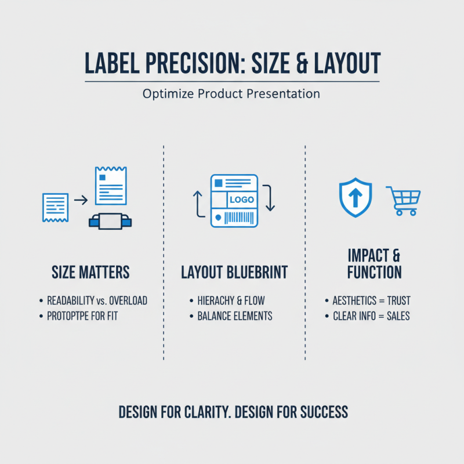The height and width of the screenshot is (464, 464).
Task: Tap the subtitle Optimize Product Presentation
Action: [231, 93]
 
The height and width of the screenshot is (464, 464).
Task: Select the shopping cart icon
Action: [403, 201]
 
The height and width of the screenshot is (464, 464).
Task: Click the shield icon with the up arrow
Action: [355, 197]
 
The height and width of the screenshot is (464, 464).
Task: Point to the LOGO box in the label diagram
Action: [242, 200]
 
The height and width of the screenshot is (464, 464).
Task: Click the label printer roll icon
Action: [110, 221]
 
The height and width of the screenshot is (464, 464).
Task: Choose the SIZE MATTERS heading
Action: [90, 272]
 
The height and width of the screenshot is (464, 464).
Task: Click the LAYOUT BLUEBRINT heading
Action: [234, 272]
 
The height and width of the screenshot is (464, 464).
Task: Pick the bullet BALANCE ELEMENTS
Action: [235, 316]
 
